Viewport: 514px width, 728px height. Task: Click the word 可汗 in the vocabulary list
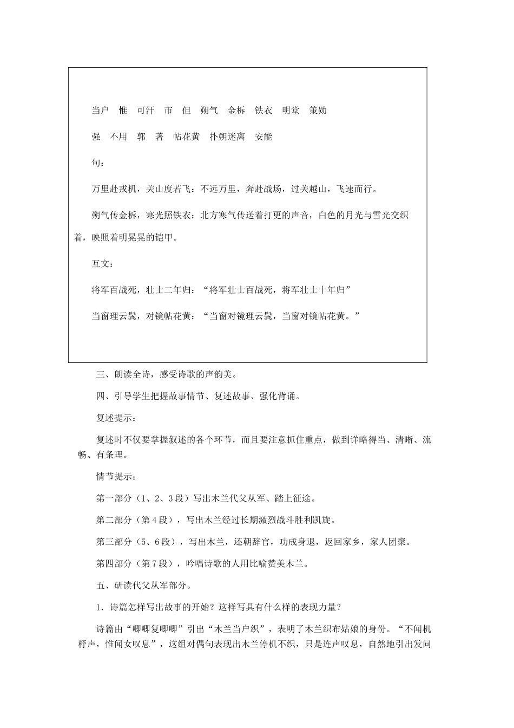click(146, 110)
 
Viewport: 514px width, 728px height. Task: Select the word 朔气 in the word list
click(209, 110)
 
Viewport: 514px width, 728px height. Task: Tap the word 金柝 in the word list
click(236, 110)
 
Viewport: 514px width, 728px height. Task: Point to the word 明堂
click(291, 110)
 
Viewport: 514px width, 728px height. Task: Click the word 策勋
click(318, 110)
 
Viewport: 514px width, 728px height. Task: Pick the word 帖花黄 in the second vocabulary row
click(187, 136)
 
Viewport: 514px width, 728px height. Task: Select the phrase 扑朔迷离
click(227, 136)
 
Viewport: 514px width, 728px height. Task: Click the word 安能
click(263, 136)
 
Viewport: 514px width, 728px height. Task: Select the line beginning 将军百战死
click(222, 290)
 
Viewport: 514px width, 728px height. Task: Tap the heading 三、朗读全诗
click(167, 374)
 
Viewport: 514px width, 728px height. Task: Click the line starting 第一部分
click(206, 498)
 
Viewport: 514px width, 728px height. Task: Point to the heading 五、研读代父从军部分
click(143, 585)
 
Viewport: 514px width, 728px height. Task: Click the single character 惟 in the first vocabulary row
click(123, 110)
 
